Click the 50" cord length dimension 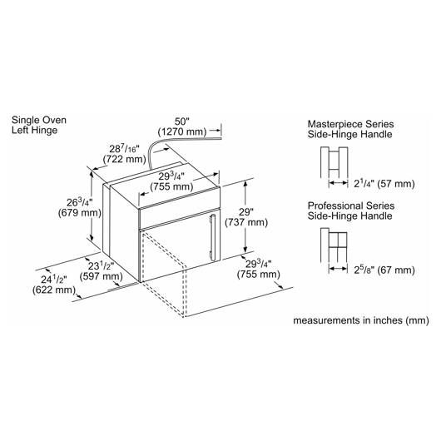point(182,121)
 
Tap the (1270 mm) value point(182,131)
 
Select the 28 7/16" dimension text point(124,148)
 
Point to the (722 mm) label point(124,159)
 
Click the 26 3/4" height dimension point(80,202)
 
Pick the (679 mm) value point(80,213)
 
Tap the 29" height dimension point(246,212)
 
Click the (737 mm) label point(246,222)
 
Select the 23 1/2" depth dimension point(101,265)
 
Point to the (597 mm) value point(101,276)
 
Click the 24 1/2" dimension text point(54,280)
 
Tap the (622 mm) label point(54,290)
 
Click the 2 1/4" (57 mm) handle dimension point(384,184)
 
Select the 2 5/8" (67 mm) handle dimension point(384,270)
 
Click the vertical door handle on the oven point(213,238)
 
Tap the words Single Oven point(39,120)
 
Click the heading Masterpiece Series point(350,124)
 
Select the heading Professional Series point(351,206)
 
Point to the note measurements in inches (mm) point(361,320)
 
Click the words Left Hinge point(35,130)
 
